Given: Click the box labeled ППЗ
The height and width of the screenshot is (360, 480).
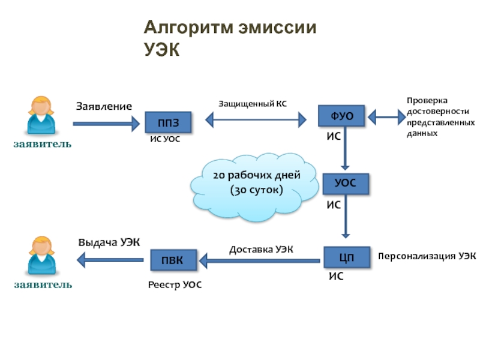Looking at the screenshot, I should click(x=169, y=123).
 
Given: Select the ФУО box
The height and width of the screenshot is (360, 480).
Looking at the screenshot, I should click(x=341, y=115).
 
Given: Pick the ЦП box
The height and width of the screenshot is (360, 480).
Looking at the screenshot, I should click(x=346, y=258).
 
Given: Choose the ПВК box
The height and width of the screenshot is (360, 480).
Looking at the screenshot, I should click(x=173, y=260).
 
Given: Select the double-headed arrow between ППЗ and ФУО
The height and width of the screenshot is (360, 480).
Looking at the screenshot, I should click(x=256, y=120).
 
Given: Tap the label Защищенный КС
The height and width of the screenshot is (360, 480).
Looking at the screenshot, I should click(x=252, y=104).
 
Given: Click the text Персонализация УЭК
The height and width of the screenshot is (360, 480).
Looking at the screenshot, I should click(x=427, y=256).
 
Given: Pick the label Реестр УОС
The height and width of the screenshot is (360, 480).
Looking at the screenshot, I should click(x=175, y=286).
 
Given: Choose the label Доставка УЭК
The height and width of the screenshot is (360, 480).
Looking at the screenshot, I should click(x=261, y=248).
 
